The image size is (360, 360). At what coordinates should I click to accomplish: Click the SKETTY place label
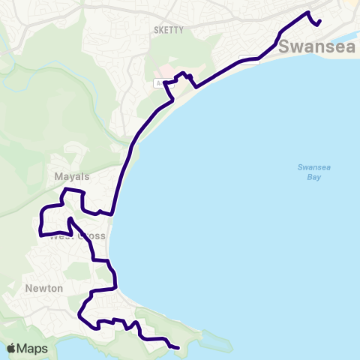pyautogui.click(x=163, y=30)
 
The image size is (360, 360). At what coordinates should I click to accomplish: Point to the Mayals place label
pyautogui.click(x=72, y=177)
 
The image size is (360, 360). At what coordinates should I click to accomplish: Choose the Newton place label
pyautogui.click(x=43, y=288)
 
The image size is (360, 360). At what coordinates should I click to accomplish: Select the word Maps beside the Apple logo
pyautogui.click(x=32, y=349)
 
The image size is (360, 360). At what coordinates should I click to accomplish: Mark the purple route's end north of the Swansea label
pyautogui.click(x=320, y=21)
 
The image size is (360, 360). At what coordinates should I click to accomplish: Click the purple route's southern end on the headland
pyautogui.click(x=178, y=348)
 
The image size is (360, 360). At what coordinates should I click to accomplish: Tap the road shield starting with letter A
pyautogui.click(x=160, y=84)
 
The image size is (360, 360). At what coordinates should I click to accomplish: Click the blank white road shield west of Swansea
pyautogui.click(x=249, y=60)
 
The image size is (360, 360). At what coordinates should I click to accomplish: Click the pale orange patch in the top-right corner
pyautogui.click(x=352, y=6)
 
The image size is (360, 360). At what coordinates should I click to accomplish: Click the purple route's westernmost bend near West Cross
pyautogui.click(x=39, y=225)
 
